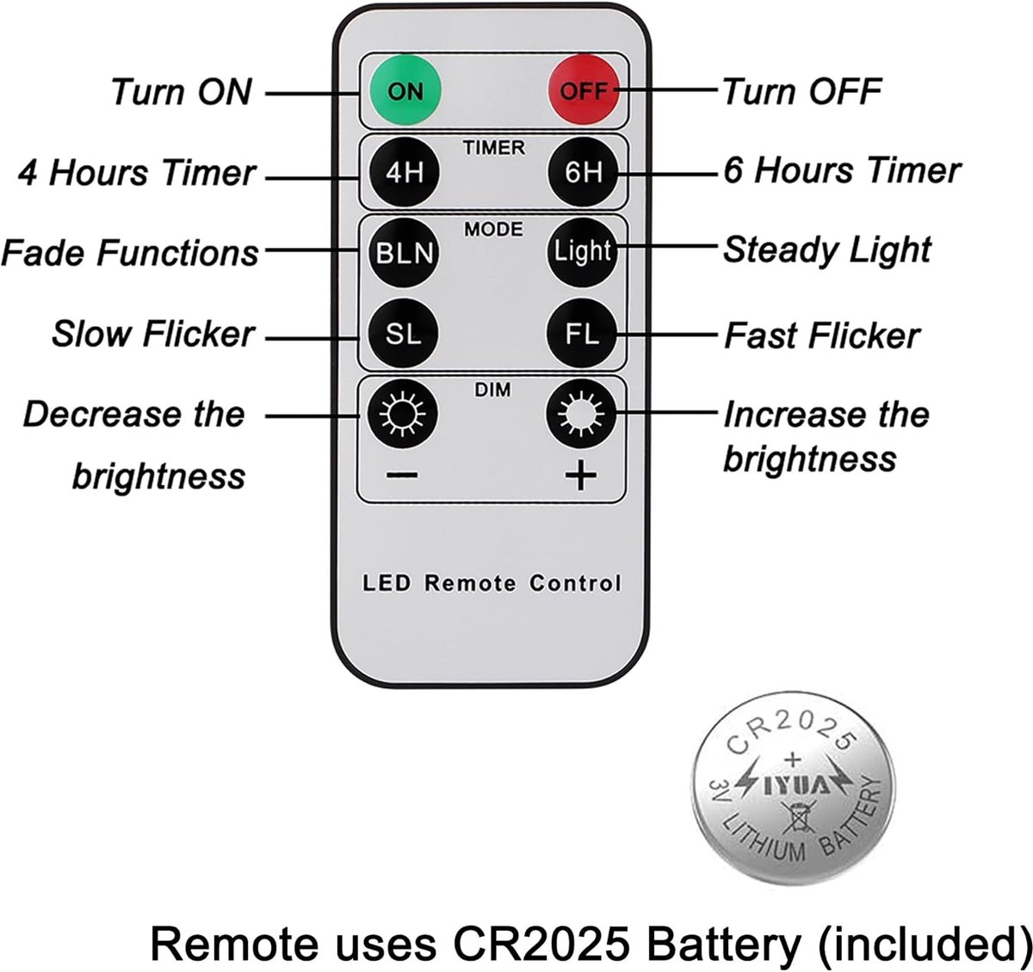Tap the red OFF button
(585, 90)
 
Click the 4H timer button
(404, 171)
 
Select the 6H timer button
(584, 171)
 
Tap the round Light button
(582, 252)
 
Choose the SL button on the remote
(403, 333)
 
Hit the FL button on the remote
(582, 333)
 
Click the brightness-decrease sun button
(402, 415)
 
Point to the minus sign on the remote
(401, 475)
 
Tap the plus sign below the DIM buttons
(580, 475)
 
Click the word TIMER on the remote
(493, 148)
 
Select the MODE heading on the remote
(493, 229)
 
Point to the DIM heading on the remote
(492, 390)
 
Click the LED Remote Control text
(492, 583)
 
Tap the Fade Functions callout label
(130, 253)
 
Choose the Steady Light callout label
(826, 250)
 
